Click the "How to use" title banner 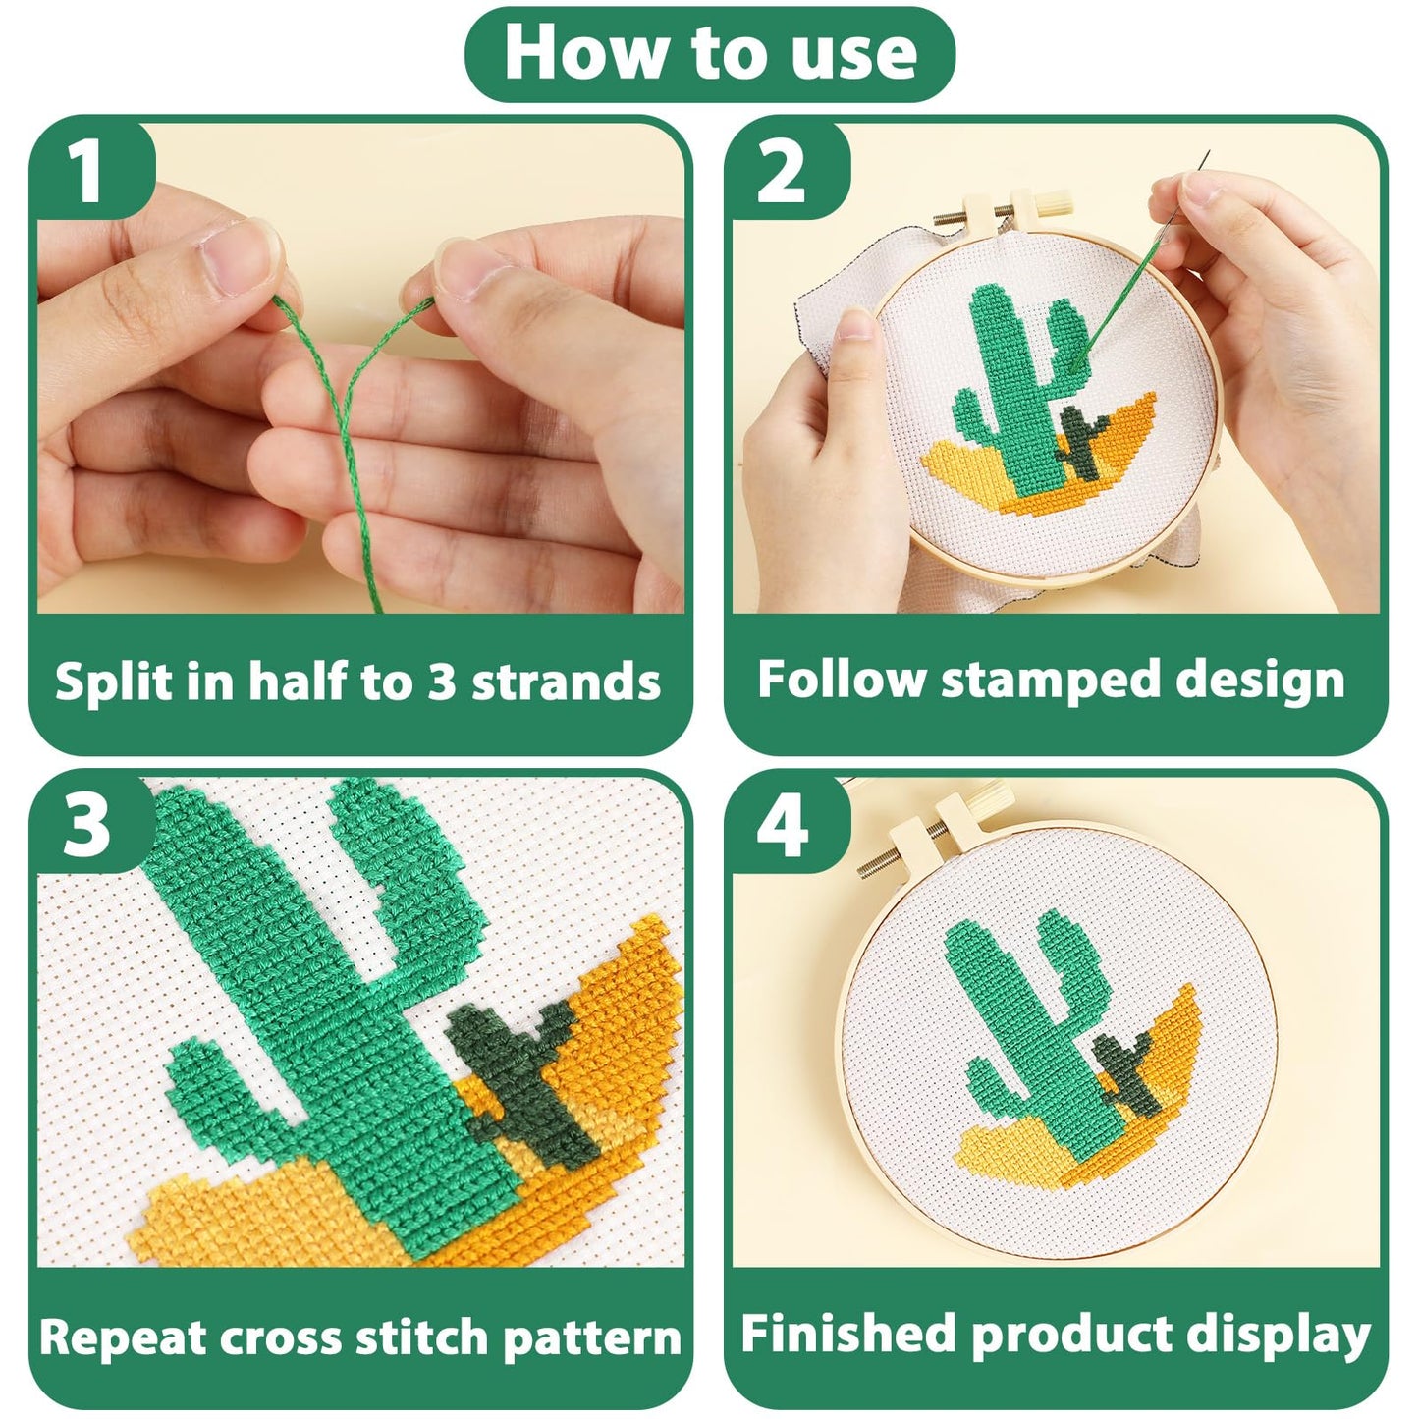click(709, 54)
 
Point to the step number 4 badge click(782, 824)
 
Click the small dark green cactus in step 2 click(1083, 441)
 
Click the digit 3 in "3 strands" click(440, 681)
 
